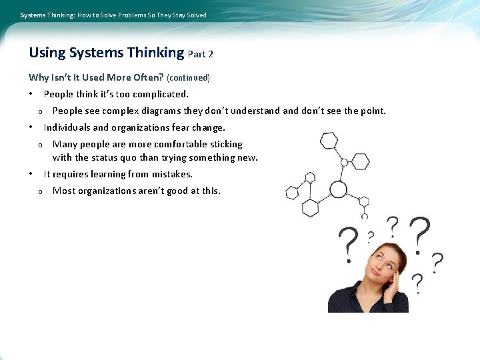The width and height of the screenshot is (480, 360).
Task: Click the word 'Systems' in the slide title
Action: pos(91,53)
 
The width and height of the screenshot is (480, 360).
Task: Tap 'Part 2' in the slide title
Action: pos(201,54)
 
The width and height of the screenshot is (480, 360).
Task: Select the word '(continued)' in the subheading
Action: pos(189,78)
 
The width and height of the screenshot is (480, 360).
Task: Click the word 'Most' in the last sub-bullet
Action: pos(63,191)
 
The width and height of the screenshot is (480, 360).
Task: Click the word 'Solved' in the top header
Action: pos(197,15)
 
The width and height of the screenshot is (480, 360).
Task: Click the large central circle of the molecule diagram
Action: pos(339,190)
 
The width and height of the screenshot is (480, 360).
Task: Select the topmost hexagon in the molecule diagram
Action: pos(329,141)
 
